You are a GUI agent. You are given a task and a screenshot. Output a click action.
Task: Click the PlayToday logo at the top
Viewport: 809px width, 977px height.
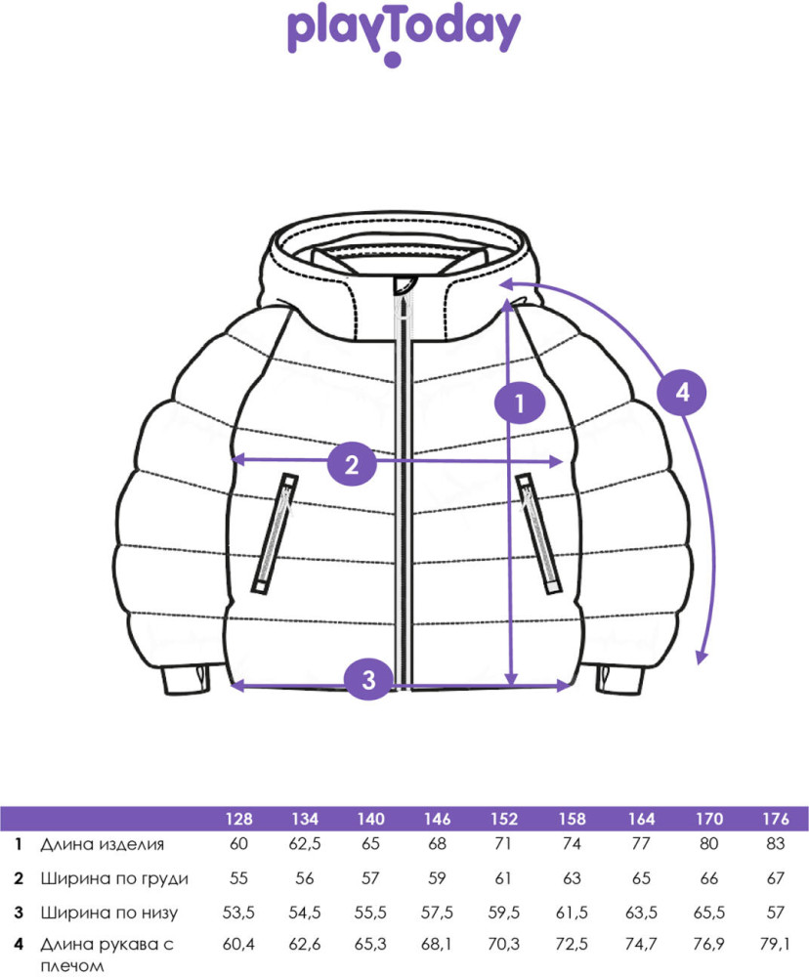pyautogui.click(x=404, y=35)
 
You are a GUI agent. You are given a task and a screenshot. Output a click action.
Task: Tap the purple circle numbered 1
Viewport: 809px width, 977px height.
pyautogui.click(x=520, y=404)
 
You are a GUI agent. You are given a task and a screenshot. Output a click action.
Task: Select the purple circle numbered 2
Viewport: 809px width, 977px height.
pyautogui.click(x=352, y=464)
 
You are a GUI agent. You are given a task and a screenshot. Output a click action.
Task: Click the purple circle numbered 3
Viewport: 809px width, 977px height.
pyautogui.click(x=368, y=679)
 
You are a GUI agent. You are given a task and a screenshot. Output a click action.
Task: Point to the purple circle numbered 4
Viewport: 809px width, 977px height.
pyautogui.click(x=683, y=392)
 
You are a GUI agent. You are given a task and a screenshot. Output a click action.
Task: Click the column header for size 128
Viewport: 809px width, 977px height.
pyautogui.click(x=239, y=818)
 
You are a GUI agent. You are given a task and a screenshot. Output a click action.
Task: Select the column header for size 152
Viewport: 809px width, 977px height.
pyautogui.click(x=503, y=818)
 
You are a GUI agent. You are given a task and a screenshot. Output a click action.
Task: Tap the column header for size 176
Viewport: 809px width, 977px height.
pyautogui.click(x=776, y=818)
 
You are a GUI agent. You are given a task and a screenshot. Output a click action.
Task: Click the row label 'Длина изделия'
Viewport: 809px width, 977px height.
pyautogui.click(x=103, y=844)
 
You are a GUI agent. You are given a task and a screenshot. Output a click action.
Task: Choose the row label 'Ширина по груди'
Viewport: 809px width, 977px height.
pyautogui.click(x=114, y=878)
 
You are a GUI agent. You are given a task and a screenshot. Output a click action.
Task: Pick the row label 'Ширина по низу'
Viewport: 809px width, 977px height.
pyautogui.click(x=109, y=913)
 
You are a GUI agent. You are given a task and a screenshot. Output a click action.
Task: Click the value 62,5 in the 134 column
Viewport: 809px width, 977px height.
pyautogui.click(x=305, y=844)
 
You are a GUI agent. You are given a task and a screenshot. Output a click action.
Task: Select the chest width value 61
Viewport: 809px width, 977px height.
pyautogui.click(x=503, y=878)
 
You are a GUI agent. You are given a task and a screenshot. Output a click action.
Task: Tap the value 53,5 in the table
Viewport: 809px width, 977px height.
pyautogui.click(x=238, y=913)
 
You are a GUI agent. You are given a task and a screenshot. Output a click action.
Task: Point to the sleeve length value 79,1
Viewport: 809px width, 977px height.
pyautogui.click(x=775, y=944)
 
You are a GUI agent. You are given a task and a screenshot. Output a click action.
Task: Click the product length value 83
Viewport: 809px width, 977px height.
pyautogui.click(x=776, y=844)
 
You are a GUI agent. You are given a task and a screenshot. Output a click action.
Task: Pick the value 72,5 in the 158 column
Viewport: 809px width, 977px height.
pyautogui.click(x=572, y=944)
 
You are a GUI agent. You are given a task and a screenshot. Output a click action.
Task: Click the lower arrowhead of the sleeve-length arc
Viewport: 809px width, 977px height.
pyautogui.click(x=702, y=658)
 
